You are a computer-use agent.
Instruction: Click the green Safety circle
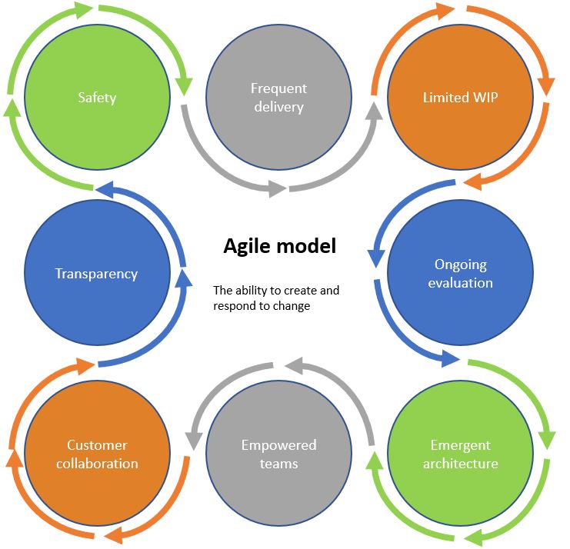pos(97,98)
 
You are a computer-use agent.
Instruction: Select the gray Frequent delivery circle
pos(278,98)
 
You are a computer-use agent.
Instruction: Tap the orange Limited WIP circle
pos(459,98)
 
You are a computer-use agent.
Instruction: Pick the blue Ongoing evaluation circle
pos(459,273)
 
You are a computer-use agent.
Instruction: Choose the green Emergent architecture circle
pos(459,454)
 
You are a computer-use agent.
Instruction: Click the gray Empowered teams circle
pos(278,454)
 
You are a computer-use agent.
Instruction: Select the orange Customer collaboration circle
pos(97,454)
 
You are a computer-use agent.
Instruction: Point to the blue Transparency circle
pos(97,273)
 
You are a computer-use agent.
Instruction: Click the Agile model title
pos(279,246)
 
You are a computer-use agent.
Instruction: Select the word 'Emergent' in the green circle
pos(461,445)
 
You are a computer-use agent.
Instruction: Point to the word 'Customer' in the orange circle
pos(97,445)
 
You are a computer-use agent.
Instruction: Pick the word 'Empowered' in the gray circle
pos(278,445)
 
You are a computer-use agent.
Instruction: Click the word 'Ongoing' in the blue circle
pos(461,265)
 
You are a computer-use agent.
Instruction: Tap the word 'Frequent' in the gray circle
pos(278,88)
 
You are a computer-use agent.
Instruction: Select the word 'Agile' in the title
pos(244,246)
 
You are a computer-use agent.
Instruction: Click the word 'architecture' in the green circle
pos(461,464)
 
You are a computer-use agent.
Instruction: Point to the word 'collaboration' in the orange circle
pos(97,464)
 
